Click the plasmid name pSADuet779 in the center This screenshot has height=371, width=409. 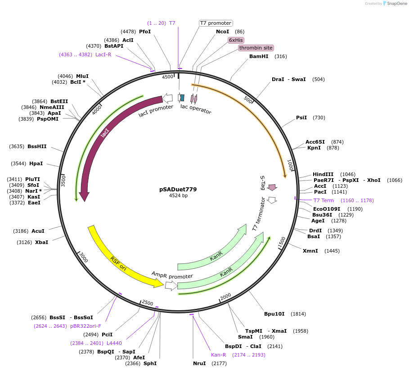coord(178,190)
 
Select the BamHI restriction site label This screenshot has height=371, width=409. coord(259,56)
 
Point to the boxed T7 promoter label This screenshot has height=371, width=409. coord(216,23)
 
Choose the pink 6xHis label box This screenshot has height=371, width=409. coord(236,40)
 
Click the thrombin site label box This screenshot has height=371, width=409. coord(256,48)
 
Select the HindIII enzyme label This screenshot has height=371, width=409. coord(323,174)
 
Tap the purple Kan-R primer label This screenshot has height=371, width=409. coord(219,355)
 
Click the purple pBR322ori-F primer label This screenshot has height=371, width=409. coord(85,326)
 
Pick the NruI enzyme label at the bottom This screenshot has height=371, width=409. coord(199,363)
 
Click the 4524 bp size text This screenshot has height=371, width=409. coord(178,196)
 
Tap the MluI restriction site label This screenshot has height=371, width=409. coord(82,76)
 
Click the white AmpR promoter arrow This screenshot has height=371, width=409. coord(171,285)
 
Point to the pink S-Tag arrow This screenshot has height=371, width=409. coord(272,187)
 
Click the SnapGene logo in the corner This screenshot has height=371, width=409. coord(395,3)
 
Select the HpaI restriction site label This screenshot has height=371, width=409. coord(36,163)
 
